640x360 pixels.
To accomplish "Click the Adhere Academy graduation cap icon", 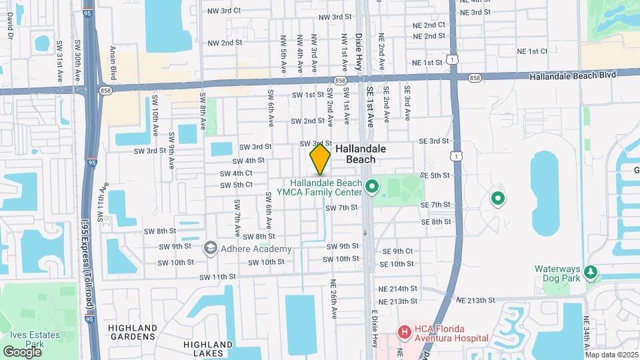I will click(211, 249).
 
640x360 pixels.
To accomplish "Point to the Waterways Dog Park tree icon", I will click(589, 273).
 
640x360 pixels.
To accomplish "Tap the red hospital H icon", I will click(403, 331).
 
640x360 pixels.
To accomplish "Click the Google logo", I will click(22, 351).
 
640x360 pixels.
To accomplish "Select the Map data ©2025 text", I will click(611, 355).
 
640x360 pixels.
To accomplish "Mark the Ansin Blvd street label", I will click(114, 64).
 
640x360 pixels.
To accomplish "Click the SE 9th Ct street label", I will click(397, 251).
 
